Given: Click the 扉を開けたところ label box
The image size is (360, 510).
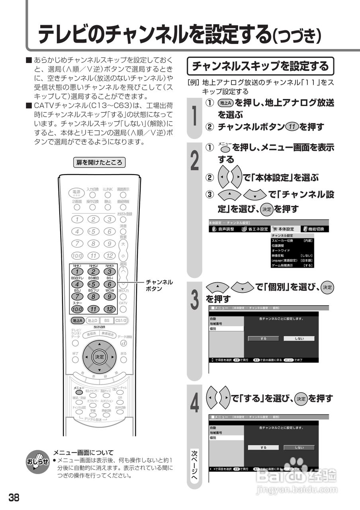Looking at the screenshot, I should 100,162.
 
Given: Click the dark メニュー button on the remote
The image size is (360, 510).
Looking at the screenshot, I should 79,392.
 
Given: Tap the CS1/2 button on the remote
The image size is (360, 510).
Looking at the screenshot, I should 121,320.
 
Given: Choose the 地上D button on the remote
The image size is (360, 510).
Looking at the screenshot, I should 92,320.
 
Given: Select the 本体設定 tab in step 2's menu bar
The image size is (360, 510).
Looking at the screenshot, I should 283,229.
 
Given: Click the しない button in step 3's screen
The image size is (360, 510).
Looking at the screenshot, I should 299,338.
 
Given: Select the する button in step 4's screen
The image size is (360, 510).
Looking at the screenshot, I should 263,447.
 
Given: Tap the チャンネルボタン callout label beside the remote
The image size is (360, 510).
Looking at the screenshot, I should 159,285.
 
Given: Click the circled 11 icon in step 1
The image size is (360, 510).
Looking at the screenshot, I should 292,127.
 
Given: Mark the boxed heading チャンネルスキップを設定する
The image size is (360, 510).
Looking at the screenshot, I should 260,66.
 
